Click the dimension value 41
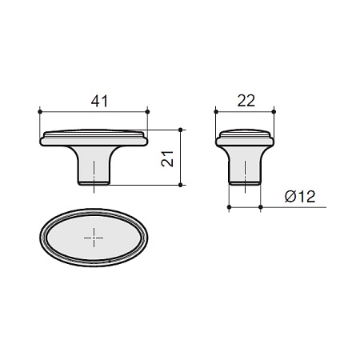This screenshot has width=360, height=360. click(x=99, y=102)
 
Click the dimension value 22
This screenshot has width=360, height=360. click(x=246, y=101)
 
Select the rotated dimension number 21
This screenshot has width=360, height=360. click(x=167, y=159)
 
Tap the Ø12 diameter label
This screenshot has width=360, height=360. click(x=300, y=197)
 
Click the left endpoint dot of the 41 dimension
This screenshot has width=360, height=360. click(x=40, y=111)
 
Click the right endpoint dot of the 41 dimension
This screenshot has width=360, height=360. click(x=148, y=111)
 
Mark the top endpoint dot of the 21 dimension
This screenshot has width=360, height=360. click(x=181, y=130)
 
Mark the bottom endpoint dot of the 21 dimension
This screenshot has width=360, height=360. click(x=181, y=185)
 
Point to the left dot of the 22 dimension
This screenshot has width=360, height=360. click(x=216, y=111)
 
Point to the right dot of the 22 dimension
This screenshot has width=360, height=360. click(x=274, y=111)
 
